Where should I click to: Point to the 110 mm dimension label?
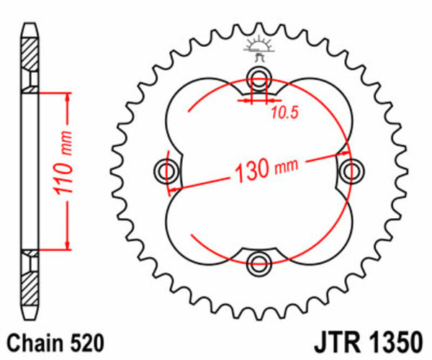point(63,171)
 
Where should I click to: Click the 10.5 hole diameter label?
point(284,111)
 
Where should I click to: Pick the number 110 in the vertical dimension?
point(63,180)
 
